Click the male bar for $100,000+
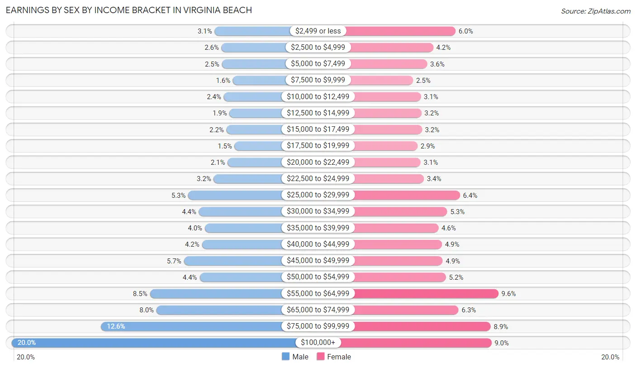point(154,343)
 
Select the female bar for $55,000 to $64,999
point(425,293)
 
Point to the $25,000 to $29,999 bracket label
point(318,195)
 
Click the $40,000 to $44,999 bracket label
point(318,244)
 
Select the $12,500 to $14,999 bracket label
point(318,113)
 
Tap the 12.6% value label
point(116,326)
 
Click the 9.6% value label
point(508,294)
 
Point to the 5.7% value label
point(174,261)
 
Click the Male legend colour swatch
point(285,357)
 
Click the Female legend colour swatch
point(321,357)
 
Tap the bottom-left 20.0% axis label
point(26,357)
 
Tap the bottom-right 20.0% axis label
point(610,357)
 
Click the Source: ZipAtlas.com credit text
point(595,10)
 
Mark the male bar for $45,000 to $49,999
point(233,261)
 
